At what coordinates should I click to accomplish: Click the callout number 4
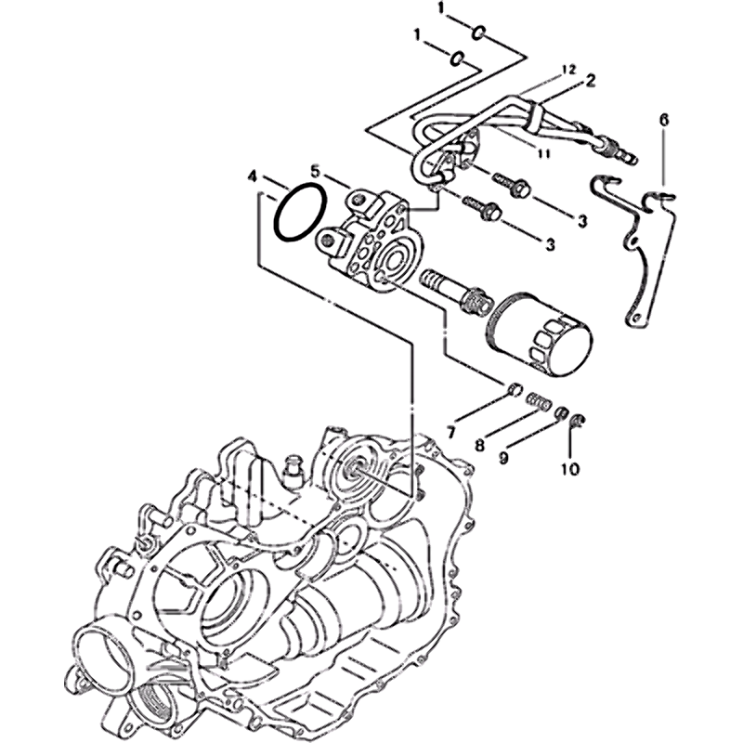click(x=253, y=177)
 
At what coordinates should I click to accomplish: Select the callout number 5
click(x=316, y=169)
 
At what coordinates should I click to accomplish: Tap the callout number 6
click(x=664, y=120)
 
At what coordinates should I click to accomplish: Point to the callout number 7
click(x=450, y=432)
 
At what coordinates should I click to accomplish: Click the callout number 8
click(x=480, y=445)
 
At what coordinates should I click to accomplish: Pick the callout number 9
click(x=503, y=457)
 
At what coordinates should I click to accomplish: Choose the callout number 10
click(x=570, y=469)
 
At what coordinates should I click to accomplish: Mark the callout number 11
click(x=543, y=154)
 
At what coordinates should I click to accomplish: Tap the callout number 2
click(x=590, y=80)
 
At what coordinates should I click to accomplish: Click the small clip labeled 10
click(x=578, y=421)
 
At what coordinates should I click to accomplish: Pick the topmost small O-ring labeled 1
click(x=477, y=33)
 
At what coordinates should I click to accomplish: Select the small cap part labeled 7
click(x=515, y=390)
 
